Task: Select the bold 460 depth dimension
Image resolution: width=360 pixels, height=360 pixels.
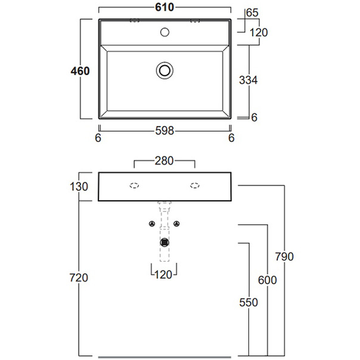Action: tap(81, 71)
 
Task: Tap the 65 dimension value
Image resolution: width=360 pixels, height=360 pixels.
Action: tap(252, 13)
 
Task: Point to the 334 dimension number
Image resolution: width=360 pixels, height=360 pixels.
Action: tap(248, 81)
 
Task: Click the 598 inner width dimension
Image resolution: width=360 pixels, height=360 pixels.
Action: tap(165, 131)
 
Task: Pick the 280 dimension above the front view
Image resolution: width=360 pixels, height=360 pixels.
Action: tap(164, 161)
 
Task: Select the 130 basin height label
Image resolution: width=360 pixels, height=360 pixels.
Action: tap(79, 186)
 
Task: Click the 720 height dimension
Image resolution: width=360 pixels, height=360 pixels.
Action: tap(79, 278)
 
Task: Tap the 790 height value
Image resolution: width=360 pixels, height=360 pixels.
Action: tap(284, 256)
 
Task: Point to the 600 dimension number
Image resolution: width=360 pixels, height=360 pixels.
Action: tap(267, 280)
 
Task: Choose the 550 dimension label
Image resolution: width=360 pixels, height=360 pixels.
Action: tap(248, 302)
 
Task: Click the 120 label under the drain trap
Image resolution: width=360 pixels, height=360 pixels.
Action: tap(163, 274)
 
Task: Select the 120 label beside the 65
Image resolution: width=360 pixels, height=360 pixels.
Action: tap(259, 32)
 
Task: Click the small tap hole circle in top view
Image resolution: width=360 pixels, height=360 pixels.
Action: tap(165, 32)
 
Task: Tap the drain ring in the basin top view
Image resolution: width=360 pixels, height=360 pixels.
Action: tap(165, 70)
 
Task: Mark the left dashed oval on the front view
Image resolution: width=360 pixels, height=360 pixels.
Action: tap(134, 185)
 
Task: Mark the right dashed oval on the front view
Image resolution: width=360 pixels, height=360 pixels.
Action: tap(195, 185)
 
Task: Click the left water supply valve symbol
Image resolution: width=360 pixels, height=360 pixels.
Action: tap(152, 224)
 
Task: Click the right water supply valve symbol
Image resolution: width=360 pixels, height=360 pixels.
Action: tap(177, 224)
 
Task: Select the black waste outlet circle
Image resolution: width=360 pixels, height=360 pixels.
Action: tap(165, 242)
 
